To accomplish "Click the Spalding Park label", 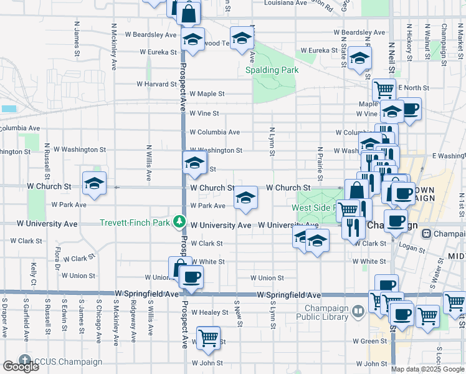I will pos(272,70).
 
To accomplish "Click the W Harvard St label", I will pos(148,84).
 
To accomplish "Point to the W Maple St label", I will pos(207,93).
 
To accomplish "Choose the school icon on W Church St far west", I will pos(95,183).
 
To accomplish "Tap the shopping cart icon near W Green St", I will pos(208,338).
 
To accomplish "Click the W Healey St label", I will pos(209,312).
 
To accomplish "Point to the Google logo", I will pos(21,367).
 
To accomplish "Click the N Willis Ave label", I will pos(149,163).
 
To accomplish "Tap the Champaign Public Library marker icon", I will pos(358,310).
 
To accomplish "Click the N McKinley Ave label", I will pos(114,46).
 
